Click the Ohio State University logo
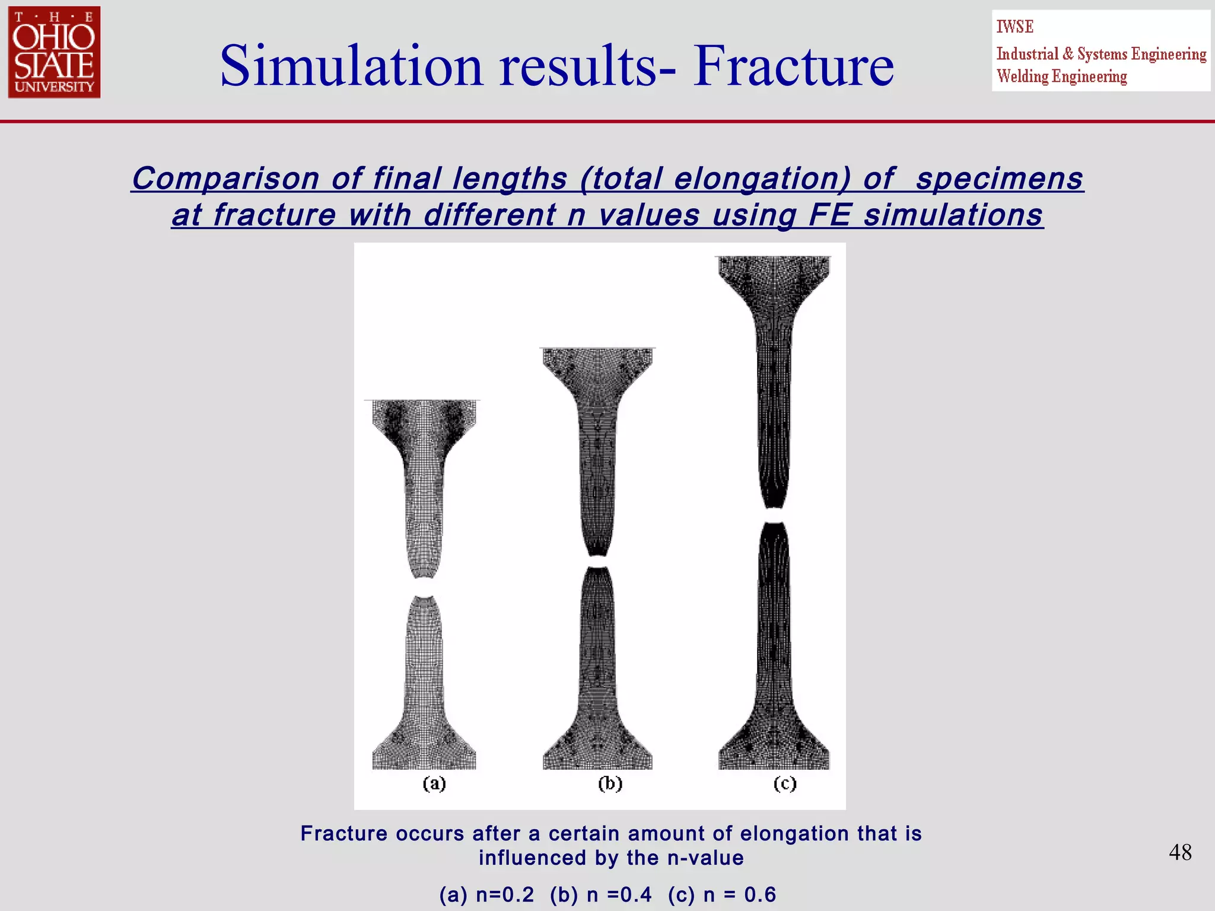(x=54, y=52)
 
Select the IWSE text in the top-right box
(x=1014, y=27)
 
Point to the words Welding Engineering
(x=1061, y=77)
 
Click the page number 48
(x=1180, y=852)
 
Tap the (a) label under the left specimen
(x=434, y=783)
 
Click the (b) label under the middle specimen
(x=610, y=783)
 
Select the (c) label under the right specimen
(x=784, y=783)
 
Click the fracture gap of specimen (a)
(x=424, y=587)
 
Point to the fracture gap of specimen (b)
(x=597, y=561)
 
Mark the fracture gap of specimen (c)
(x=773, y=515)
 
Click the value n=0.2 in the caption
(x=504, y=894)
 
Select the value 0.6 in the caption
(x=760, y=894)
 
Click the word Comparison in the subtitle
(x=225, y=179)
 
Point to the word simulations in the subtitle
(x=953, y=215)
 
